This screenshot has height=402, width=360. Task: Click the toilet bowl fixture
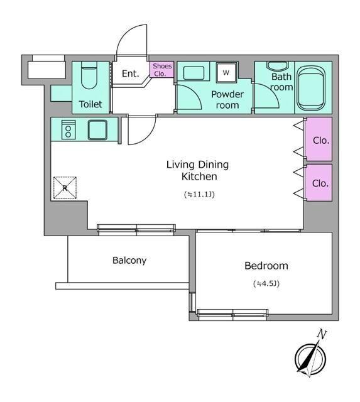pyautogui.click(x=89, y=75)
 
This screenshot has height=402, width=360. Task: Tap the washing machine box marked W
pyautogui.click(x=226, y=73)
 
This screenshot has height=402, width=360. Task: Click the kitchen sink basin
pyautogui.click(x=97, y=130)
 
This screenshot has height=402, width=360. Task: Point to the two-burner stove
pyautogui.click(x=68, y=130)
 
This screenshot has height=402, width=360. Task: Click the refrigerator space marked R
pyautogui.click(x=65, y=188)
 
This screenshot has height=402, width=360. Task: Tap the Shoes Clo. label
pyautogui.click(x=162, y=70)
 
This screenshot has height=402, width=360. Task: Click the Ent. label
pyautogui.click(x=130, y=74)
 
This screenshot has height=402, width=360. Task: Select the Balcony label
pyautogui.click(x=129, y=261)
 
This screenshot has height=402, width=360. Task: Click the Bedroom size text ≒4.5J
pyautogui.click(x=266, y=283)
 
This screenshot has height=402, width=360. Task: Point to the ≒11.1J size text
pyautogui.click(x=199, y=194)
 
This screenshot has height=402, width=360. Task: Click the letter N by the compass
pyautogui.click(x=322, y=334)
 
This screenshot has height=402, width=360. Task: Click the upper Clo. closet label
pyautogui.click(x=321, y=141)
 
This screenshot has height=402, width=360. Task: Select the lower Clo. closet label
pyautogui.click(x=320, y=183)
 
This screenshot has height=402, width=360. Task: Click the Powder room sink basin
pyautogui.click(x=194, y=73)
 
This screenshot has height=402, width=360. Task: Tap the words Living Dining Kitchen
pyautogui.click(x=197, y=170)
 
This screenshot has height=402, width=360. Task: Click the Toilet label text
pyautogui.click(x=90, y=104)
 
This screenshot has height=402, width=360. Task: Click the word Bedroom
pyautogui.click(x=266, y=266)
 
